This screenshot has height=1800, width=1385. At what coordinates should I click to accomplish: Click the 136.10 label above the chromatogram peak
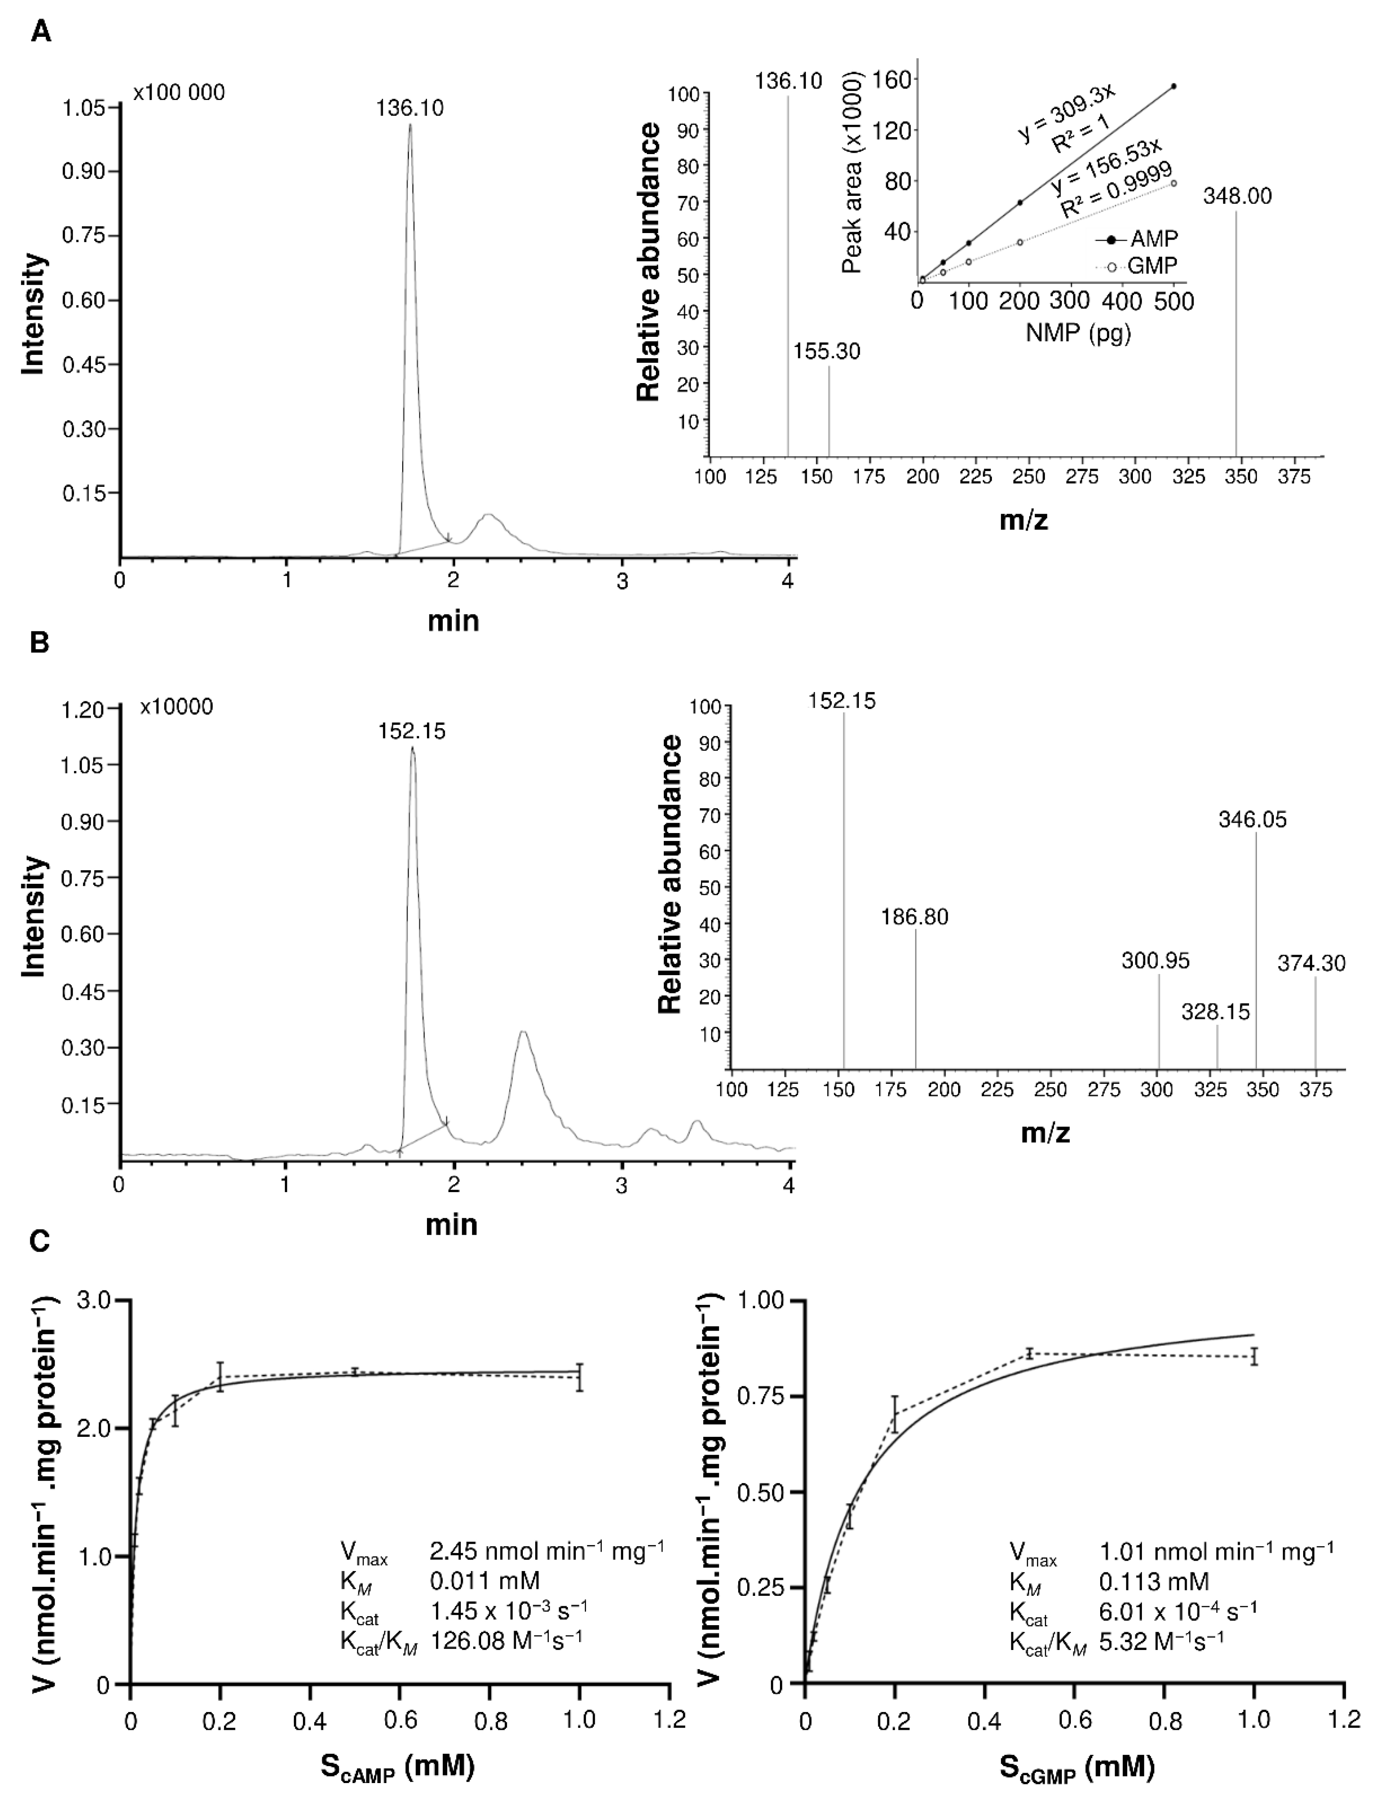pos(410,108)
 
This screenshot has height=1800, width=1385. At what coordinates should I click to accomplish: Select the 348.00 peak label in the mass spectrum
pos(1237,196)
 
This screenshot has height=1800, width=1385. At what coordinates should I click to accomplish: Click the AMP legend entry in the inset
pos(1154,239)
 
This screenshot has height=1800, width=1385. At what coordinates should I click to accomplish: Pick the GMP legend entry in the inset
pos(1154,266)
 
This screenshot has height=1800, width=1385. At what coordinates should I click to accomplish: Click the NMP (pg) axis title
pos(1078,334)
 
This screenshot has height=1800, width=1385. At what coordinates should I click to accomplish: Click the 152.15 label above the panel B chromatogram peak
pos(411,731)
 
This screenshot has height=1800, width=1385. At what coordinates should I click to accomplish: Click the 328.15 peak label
pos(1215,1011)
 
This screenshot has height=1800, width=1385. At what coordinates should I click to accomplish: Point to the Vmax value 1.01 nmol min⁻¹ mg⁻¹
pos(1217,1550)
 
